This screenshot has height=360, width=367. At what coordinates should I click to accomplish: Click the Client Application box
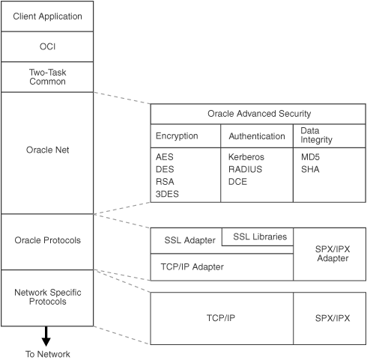(x=47, y=16)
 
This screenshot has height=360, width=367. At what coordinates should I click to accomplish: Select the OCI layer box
(x=47, y=46)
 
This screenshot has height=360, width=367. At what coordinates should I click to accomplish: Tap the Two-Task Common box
(x=47, y=76)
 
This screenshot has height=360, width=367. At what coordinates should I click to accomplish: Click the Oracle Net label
(x=47, y=150)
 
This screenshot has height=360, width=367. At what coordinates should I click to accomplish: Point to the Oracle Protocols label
(x=47, y=240)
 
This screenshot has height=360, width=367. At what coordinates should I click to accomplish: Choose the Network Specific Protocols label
(x=47, y=296)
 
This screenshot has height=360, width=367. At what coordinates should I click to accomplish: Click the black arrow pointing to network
(x=46, y=335)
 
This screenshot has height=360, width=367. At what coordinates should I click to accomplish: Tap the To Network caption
(x=46, y=353)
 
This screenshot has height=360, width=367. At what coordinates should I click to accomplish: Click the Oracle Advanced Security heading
(x=258, y=115)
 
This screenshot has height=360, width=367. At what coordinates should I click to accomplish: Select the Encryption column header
(x=177, y=136)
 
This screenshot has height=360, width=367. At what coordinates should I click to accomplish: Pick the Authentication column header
(x=256, y=136)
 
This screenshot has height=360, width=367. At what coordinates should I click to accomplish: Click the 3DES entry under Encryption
(x=169, y=194)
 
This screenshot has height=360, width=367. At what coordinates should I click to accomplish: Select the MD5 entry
(x=310, y=158)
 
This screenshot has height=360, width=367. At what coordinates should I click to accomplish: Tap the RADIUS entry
(x=246, y=170)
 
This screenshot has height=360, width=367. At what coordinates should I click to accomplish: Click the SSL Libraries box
(x=259, y=237)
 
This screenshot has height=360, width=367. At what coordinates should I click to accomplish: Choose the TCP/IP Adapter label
(x=192, y=266)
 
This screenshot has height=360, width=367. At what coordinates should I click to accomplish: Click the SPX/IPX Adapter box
(x=329, y=254)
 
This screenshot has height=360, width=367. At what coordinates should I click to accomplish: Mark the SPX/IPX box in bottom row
(x=329, y=317)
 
